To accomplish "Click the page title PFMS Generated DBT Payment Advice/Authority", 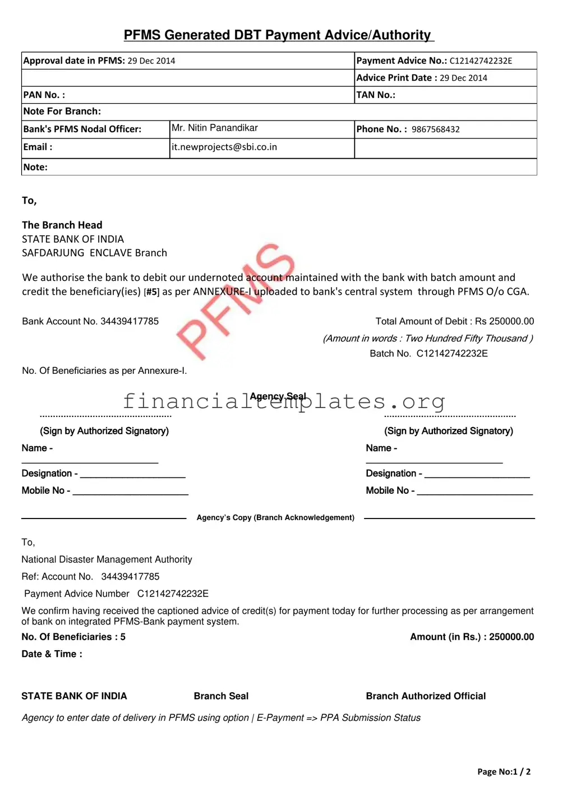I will click(278, 35).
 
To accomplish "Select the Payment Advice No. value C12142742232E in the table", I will click(481, 61).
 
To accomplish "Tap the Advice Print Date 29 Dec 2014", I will click(463, 78).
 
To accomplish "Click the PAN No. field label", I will click(44, 95).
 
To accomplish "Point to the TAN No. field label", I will click(376, 95).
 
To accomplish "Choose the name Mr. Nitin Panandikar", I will click(215, 128).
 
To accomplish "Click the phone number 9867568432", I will click(436, 129).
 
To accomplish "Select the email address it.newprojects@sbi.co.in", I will click(224, 147).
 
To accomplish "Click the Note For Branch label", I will click(62, 112).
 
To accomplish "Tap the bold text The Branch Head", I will click(62, 225).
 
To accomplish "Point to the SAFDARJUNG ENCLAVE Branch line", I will click(94, 253).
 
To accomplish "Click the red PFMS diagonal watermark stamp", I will click(236, 301).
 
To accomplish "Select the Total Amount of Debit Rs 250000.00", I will click(454, 321).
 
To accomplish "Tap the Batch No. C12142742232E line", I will click(428, 354).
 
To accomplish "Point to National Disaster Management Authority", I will click(107, 559).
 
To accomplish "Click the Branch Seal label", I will click(221, 696).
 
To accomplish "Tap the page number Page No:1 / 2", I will click(504, 772).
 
